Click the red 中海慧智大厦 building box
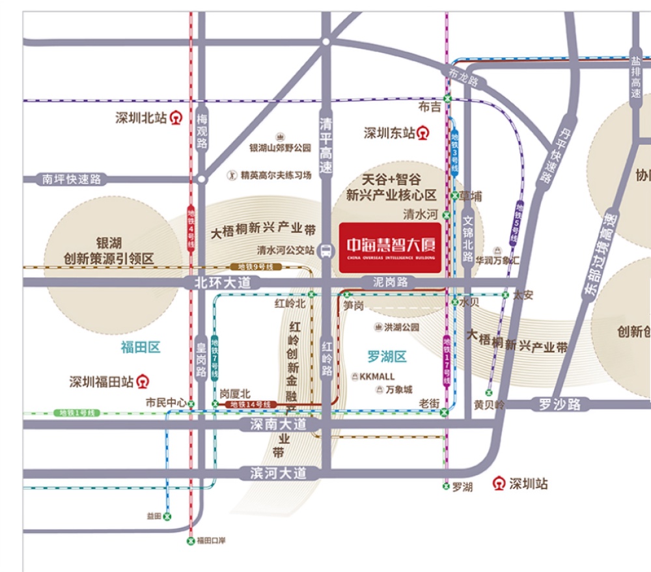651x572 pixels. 390,247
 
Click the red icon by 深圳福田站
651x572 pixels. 143,381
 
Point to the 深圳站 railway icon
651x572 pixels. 499,483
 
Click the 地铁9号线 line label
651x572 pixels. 255,267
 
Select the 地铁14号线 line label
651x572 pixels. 251,404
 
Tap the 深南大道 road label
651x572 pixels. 279,424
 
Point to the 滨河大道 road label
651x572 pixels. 279,473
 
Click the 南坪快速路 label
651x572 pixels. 72,179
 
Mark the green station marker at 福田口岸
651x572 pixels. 191,540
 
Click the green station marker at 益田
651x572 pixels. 167,516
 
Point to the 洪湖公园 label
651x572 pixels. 396,327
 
